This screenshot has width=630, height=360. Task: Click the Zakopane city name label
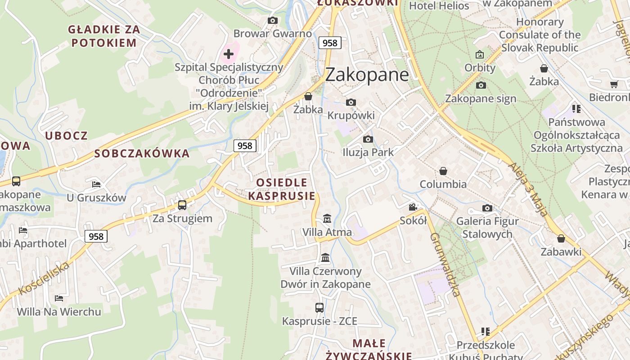tap(367, 74)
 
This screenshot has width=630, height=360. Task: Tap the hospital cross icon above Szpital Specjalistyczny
tap(229, 54)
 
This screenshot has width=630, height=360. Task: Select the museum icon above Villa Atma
tap(327, 219)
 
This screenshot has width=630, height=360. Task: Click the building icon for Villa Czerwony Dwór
tap(325, 258)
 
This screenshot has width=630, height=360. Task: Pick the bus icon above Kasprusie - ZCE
tap(319, 308)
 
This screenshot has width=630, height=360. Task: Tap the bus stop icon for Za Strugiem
tap(182, 205)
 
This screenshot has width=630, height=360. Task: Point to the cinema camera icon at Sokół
tap(413, 207)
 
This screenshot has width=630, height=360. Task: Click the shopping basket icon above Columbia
tap(443, 171)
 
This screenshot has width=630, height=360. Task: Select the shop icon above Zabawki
tap(561, 238)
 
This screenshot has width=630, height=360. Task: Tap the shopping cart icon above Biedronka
tap(614, 84)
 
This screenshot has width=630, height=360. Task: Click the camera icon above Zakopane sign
tap(481, 85)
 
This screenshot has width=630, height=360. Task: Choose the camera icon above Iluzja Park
tap(368, 139)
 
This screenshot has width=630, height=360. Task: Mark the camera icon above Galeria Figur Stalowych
tap(487, 208)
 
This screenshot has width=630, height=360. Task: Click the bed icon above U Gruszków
tap(96, 184)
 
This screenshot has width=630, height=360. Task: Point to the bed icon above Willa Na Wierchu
tap(59, 298)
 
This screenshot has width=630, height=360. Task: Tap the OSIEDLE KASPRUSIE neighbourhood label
tap(282, 189)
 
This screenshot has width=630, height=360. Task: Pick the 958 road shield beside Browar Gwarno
tap(330, 43)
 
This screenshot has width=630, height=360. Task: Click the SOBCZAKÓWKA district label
tap(142, 153)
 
